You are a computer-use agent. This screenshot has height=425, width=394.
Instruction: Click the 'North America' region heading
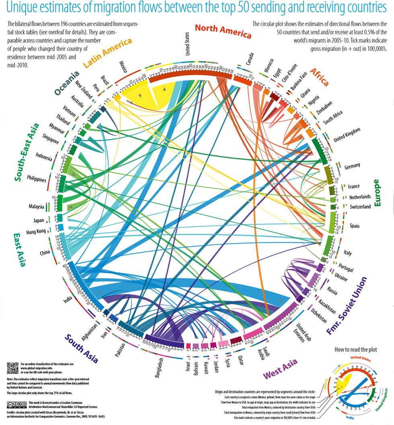click(223, 31)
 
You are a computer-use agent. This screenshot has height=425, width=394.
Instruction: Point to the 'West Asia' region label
click(280, 369)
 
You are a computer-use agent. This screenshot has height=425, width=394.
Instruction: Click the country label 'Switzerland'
click(355, 207)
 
